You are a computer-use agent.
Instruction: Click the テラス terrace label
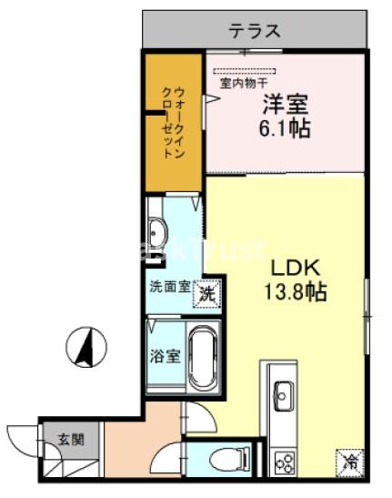coord(254,30)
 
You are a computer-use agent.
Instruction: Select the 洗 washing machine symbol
coord(208,293)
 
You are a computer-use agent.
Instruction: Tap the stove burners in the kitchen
coord(284,462)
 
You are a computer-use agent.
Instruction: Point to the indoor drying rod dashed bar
coord(244,69)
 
